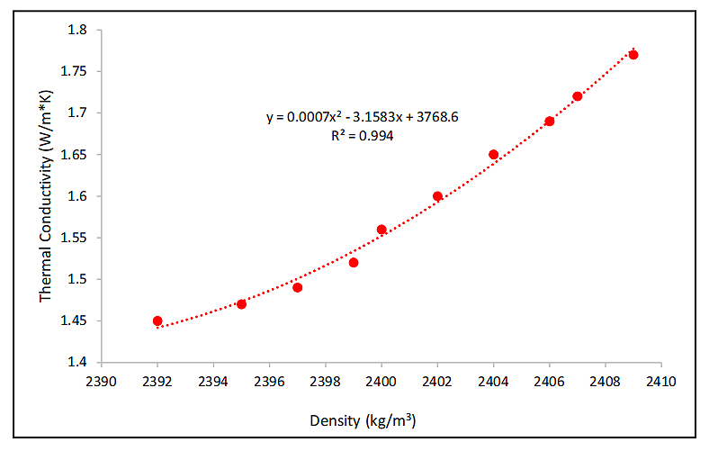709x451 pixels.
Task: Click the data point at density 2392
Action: click(x=157, y=320)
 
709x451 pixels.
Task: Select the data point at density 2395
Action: click(x=241, y=304)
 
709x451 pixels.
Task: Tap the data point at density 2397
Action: click(x=297, y=287)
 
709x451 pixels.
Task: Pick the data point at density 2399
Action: click(x=354, y=263)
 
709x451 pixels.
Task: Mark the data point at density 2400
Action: click(x=381, y=230)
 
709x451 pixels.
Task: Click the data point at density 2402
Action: click(x=437, y=196)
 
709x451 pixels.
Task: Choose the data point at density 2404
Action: click(x=493, y=155)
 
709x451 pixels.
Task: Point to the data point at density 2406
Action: click(x=550, y=122)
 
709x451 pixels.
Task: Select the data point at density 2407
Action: click(x=578, y=96)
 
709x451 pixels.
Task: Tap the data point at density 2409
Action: click(x=633, y=55)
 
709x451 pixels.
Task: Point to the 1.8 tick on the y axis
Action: click(x=78, y=30)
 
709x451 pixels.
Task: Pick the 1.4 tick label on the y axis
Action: click(x=78, y=363)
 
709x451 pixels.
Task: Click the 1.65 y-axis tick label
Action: click(x=75, y=155)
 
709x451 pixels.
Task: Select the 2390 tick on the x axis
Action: click(x=102, y=380)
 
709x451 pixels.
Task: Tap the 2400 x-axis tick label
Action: click(x=381, y=380)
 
